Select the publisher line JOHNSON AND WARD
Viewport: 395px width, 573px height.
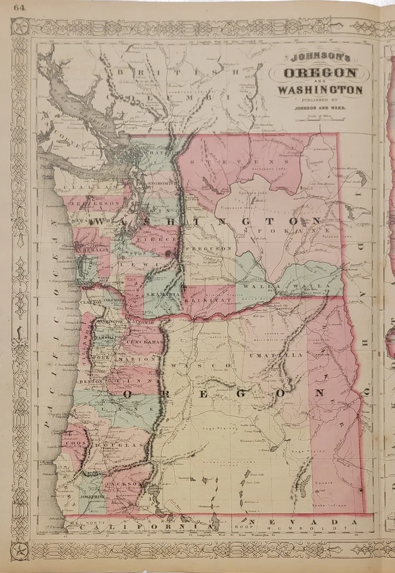[319, 108]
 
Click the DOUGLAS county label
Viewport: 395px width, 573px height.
[126, 445]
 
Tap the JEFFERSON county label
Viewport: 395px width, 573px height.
[95, 203]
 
